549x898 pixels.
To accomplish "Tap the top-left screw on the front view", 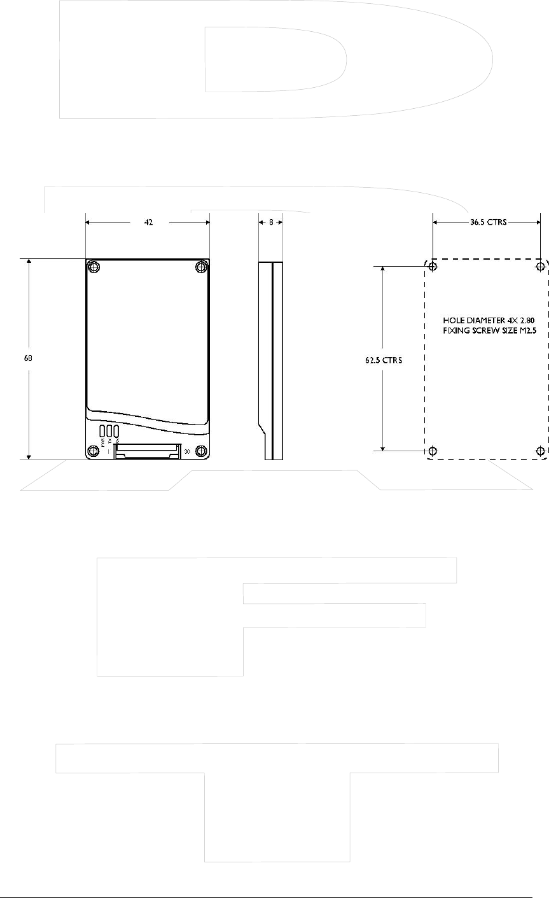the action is (x=94, y=266).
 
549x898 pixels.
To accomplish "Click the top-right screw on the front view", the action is (x=201, y=266).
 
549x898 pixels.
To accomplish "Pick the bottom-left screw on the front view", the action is (x=94, y=451).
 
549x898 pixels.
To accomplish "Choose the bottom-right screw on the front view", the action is (x=201, y=451).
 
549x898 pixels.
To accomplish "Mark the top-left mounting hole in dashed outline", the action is (x=433, y=266).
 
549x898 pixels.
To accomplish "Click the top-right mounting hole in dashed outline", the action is (x=541, y=266).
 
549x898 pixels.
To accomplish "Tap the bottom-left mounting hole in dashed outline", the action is (x=433, y=451).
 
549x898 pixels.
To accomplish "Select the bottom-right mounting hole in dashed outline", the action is (x=541, y=451).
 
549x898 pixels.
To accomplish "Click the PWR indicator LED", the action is (x=102, y=430).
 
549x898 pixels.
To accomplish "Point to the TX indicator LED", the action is (x=109, y=430).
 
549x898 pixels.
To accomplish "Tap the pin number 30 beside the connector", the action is (x=187, y=452).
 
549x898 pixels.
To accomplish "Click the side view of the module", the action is (x=271, y=360).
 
